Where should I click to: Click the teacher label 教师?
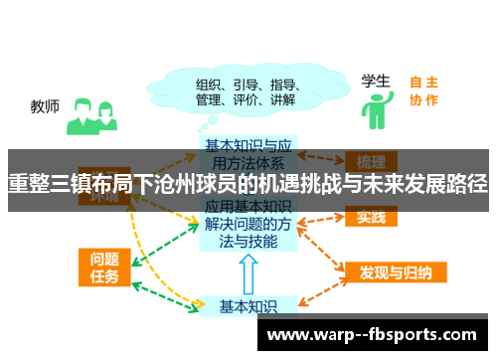(45, 104)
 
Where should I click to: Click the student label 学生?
(375, 80)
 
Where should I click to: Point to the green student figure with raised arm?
(375, 109)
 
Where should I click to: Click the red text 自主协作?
(423, 90)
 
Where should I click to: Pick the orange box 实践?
(370, 217)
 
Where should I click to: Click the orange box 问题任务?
(102, 266)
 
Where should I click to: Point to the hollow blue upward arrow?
(249, 272)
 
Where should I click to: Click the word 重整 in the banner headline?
(28, 183)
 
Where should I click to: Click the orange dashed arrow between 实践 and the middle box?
(319, 217)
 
